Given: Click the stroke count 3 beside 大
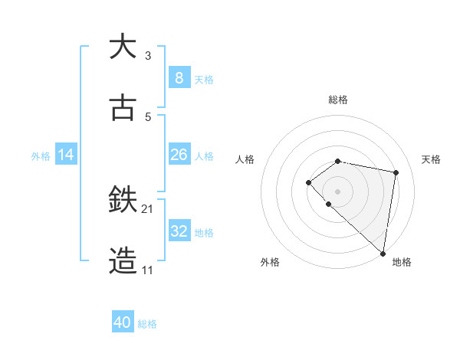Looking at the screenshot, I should [148, 56].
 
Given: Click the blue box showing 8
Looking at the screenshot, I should [179, 77].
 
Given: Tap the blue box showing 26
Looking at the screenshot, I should [179, 155].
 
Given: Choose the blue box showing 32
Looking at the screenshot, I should [179, 231].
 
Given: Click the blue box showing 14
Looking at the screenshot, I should [66, 155].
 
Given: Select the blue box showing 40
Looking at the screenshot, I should [123, 322].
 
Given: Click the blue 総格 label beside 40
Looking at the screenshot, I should [147, 324].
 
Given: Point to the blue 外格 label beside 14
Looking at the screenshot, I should [41, 156].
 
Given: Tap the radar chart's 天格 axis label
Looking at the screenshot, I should [431, 159].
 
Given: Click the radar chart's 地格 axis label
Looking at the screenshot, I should [402, 262].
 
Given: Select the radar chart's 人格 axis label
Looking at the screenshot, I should [245, 159].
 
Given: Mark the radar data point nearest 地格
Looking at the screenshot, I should [383, 253].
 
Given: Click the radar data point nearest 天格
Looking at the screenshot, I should [396, 172].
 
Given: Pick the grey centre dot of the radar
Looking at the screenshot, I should [337, 191].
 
